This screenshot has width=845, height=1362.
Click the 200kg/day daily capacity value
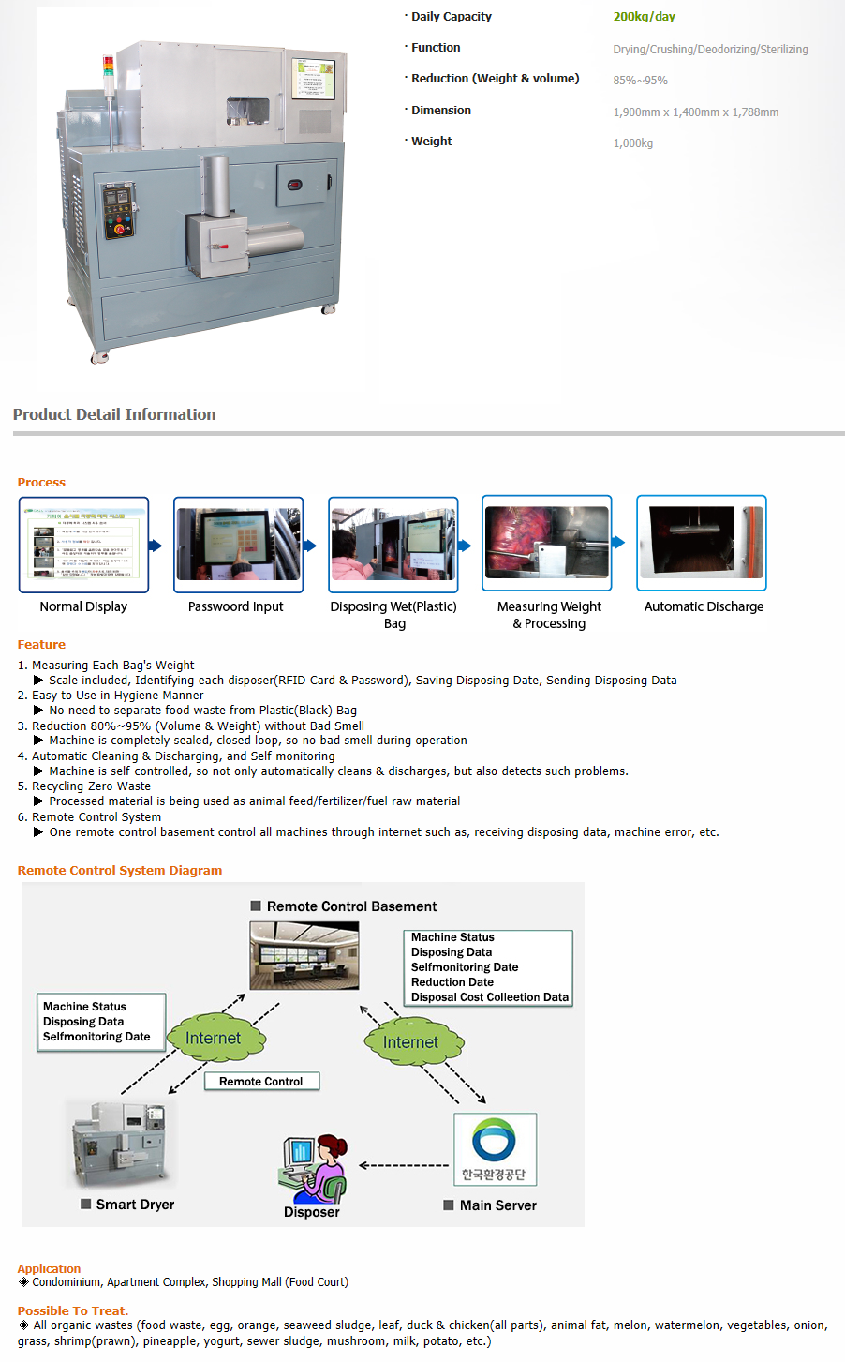pos(644,17)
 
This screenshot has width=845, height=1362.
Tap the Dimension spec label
pos(440,111)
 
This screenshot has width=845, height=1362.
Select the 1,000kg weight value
pos(632,143)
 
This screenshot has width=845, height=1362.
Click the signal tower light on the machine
pos(108,69)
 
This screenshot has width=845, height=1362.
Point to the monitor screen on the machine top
pos(313,78)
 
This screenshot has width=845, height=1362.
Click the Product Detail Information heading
pos(114,414)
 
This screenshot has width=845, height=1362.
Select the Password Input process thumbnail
pos(238,545)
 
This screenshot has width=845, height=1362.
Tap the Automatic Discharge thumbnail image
pos(701,543)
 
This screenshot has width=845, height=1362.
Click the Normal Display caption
pos(83,607)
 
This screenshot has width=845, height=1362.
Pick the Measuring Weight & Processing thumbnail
pos(546,543)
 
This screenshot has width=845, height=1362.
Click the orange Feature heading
pos(41,645)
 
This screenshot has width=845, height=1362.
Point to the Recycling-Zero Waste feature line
pos(91,786)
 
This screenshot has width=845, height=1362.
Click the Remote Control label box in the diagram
pos(261,1082)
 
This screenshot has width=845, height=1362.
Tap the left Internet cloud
pos(215,1039)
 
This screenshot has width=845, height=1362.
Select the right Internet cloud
pos(412,1042)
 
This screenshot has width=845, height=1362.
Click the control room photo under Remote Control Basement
pos(304,955)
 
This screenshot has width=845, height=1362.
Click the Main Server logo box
pos(495,1149)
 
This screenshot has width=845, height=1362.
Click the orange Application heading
pos(49,1269)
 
